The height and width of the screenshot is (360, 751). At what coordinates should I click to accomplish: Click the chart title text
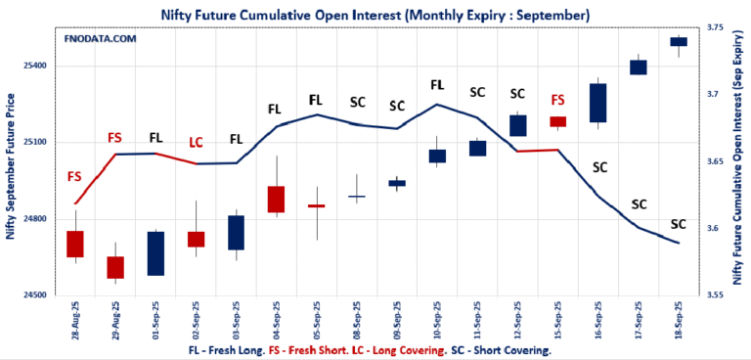375,15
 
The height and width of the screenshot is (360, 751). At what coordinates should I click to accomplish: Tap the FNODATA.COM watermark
100,38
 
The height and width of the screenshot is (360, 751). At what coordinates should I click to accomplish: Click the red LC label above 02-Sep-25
196,143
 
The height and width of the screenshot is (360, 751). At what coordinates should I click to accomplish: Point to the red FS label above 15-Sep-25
557,100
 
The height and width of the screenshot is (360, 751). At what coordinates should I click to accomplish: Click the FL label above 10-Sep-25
437,85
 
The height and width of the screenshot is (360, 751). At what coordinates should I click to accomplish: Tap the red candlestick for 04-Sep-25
276,199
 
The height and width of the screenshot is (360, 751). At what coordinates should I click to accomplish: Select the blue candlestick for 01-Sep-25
155,253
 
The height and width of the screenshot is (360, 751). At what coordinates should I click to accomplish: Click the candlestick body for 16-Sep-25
597,103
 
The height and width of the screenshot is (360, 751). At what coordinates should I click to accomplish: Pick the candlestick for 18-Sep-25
678,41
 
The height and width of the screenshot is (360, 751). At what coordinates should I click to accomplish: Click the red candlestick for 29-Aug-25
115,267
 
